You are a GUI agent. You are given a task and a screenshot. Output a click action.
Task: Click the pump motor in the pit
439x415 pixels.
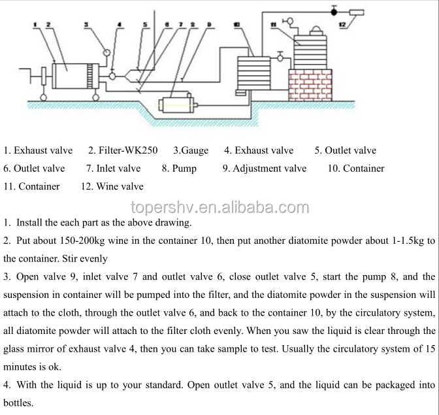coord(176,105)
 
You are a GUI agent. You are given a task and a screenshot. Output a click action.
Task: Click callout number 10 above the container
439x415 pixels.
coord(236,24)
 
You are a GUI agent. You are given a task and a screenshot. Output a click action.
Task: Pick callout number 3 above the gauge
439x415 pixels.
coord(88,24)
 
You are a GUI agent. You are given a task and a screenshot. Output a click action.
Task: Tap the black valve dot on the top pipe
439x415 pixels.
coord(334,11)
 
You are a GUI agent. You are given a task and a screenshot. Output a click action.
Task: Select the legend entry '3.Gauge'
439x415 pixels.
coord(191,150)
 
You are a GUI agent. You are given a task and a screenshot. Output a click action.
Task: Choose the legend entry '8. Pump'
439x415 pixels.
coord(179,169)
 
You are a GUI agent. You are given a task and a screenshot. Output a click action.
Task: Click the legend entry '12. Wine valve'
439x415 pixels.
coord(112,187)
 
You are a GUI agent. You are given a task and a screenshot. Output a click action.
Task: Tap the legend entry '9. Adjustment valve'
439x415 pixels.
coord(264,169)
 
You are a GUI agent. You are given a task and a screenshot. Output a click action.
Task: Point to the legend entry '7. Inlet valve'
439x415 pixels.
coord(113,169)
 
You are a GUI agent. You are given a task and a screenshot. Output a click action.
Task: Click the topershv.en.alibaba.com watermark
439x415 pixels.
coord(219,208)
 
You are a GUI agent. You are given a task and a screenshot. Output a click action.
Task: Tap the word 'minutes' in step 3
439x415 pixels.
coord(20,367)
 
